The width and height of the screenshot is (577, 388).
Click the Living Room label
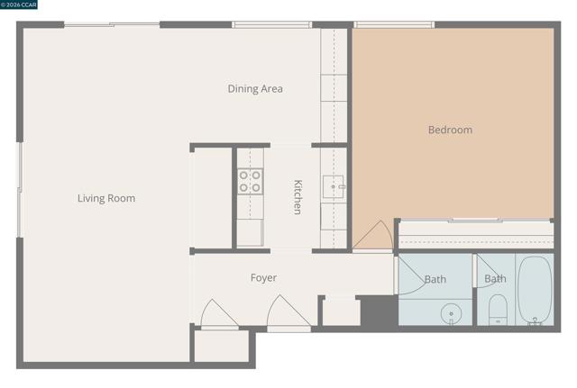coord(106,198)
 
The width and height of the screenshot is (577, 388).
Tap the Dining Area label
coord(255,88)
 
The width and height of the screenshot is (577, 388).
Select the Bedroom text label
coord(450,130)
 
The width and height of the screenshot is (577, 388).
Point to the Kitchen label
coord(298,197)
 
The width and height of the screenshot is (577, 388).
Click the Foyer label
coord(263,278)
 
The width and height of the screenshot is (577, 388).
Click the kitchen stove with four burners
coord(250,182)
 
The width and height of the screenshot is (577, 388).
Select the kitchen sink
coord(334,186)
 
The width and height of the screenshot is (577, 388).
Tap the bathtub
coord(535,290)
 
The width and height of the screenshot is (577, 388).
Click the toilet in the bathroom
coord(498,310)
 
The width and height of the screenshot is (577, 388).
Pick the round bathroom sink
coord(451,314)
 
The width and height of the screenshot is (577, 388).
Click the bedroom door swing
coord(372,235)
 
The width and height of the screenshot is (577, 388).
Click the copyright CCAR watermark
coord(18,5)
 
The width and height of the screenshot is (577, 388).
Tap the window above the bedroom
coord(394,25)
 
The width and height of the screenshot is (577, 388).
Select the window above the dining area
coord(271,25)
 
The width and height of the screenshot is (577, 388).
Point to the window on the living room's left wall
coord(20,190)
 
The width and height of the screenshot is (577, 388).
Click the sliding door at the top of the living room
coord(112,25)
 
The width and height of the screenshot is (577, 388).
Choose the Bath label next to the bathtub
coord(495,279)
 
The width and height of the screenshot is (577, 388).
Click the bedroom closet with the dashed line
coord(477,235)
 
